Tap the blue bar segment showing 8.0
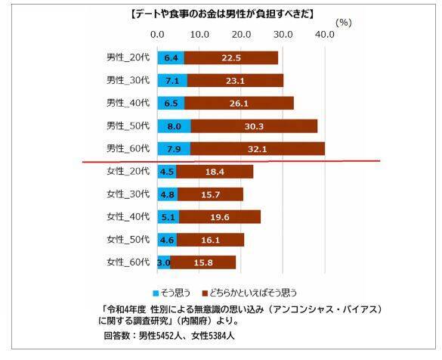pyautogui.click(x=175, y=126)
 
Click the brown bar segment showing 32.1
pyautogui.click(x=258, y=149)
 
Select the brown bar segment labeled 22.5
pyautogui.click(x=231, y=57)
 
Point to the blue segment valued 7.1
pyautogui.click(x=172, y=80)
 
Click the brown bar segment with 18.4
pyautogui.click(x=215, y=172)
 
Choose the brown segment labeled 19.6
pyautogui.click(x=220, y=217)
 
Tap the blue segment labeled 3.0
pyautogui.click(x=164, y=263)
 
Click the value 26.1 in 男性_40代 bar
pyautogui.click(x=239, y=103)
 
